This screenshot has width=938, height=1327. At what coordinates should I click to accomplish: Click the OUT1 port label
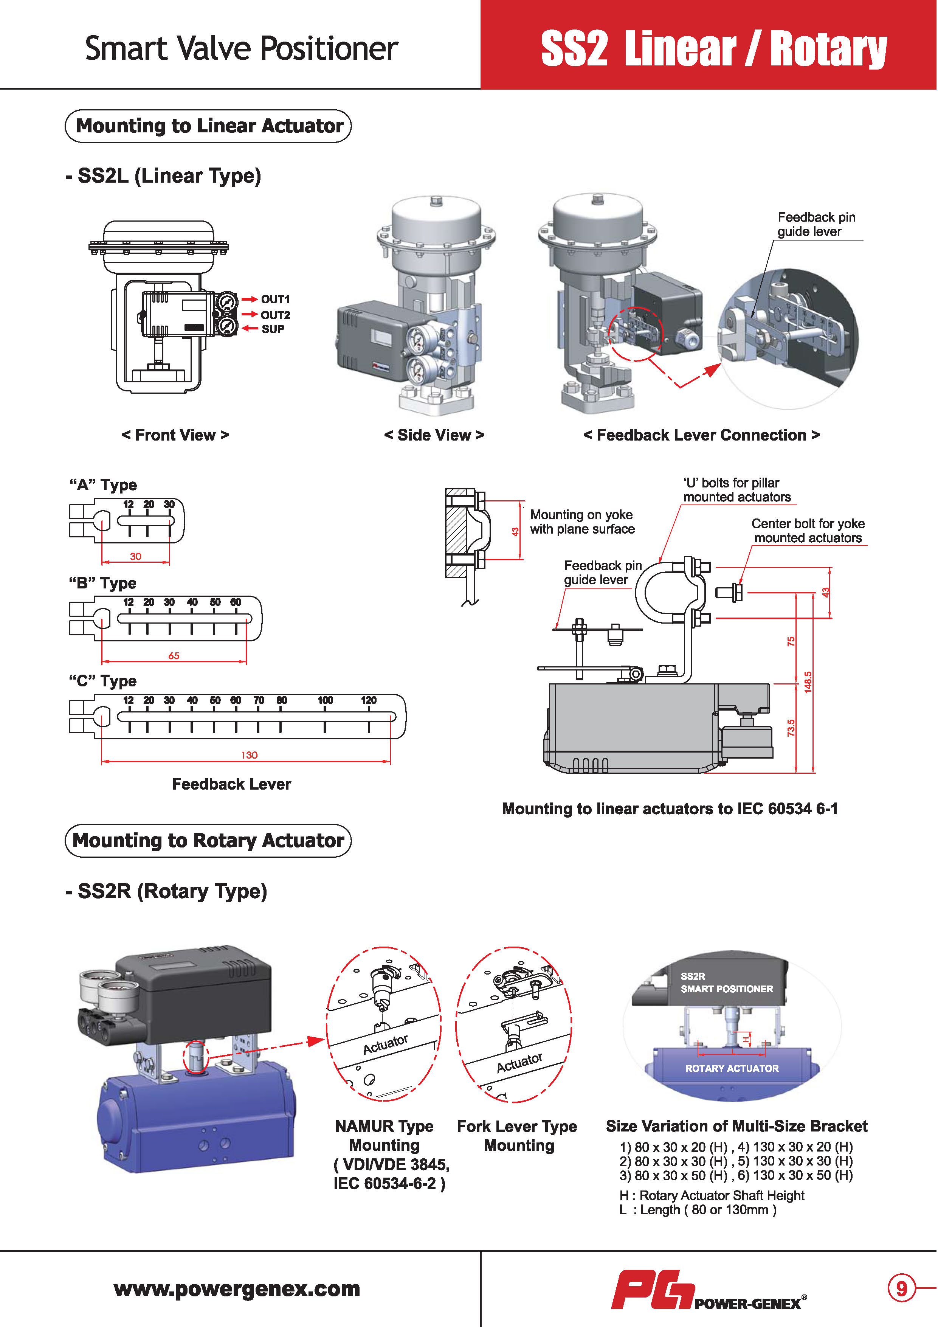tap(275, 300)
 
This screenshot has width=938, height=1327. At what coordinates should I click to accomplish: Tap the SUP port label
tap(273, 329)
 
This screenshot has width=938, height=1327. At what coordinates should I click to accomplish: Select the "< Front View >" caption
tap(175, 435)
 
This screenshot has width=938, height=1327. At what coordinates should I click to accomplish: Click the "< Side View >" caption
tap(434, 435)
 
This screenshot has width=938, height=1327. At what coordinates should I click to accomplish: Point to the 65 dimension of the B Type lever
tap(174, 655)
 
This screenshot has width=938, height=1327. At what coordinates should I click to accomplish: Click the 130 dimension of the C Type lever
tap(249, 755)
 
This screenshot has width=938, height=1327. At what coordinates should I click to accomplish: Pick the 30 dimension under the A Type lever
tap(135, 556)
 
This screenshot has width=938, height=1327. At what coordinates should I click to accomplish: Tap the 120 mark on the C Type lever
tap(369, 700)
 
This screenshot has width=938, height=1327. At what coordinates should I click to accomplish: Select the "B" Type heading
tap(103, 583)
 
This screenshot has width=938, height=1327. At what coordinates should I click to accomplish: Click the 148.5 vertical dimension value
tap(808, 682)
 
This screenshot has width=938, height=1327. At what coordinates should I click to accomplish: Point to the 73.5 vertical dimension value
tap(791, 728)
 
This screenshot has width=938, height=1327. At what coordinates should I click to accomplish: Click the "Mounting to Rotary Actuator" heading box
tap(208, 840)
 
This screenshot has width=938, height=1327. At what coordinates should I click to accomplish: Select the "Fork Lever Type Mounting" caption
tap(517, 1136)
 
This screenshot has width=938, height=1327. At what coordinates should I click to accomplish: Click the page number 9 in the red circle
tap(901, 1288)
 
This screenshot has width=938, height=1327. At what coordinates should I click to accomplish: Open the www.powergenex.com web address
tap(237, 1289)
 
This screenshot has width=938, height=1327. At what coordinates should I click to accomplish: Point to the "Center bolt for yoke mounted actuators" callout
tap(808, 531)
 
